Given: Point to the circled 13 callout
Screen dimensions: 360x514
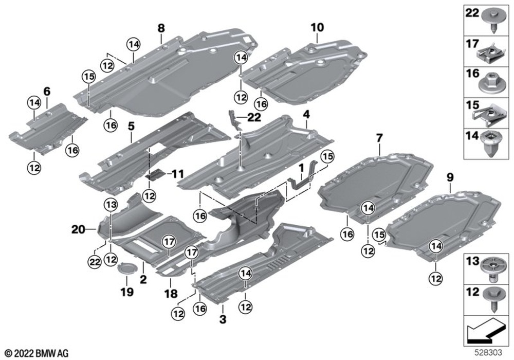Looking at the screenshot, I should [x=111, y=205].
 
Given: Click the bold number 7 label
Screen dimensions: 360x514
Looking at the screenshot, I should [x=379, y=138].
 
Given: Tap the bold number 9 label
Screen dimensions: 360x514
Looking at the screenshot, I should [x=450, y=177].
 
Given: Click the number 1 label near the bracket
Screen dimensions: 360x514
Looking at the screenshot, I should [x=302, y=168].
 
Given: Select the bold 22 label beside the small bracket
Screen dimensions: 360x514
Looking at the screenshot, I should [x=254, y=118].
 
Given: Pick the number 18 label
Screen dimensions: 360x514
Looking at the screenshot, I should [x=171, y=294].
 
